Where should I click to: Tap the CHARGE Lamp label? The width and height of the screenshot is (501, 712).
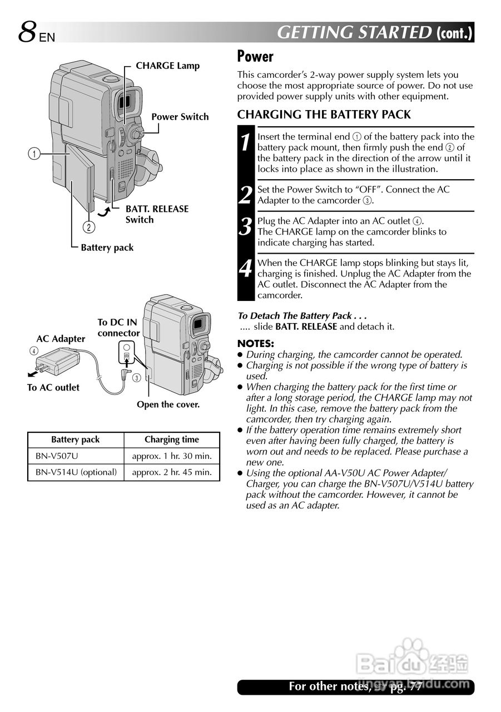click(167, 66)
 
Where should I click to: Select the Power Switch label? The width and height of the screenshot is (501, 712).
click(180, 117)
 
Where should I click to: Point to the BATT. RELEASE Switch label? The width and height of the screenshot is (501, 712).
click(157, 214)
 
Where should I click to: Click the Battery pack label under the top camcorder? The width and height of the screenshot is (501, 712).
click(107, 248)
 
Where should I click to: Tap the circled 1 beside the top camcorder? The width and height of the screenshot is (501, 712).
click(34, 154)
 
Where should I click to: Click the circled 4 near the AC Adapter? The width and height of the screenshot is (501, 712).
click(34, 351)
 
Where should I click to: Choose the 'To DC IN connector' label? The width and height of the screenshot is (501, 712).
click(118, 328)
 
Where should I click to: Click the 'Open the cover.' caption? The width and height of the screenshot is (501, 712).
click(168, 405)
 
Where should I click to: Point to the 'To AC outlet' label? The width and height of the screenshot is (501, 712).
click(53, 388)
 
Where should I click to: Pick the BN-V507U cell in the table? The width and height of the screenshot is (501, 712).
click(57, 456)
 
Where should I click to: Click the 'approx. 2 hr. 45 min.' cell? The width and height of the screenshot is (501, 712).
click(172, 472)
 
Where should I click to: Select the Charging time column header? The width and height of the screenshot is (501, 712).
click(171, 439)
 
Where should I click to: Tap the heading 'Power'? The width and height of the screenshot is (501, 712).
click(255, 56)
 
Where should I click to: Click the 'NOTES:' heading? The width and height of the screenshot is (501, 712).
click(255, 343)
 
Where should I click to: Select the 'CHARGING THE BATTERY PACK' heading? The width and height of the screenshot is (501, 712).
click(324, 115)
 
